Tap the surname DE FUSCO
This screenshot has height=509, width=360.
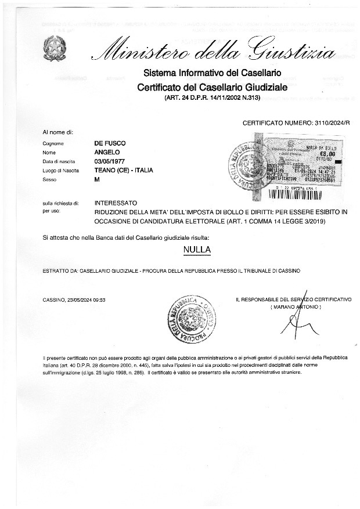(x=110, y=143)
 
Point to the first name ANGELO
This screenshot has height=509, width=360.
(x=107, y=152)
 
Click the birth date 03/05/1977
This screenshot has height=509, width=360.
(x=110, y=161)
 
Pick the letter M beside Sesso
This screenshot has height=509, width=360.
(x=97, y=180)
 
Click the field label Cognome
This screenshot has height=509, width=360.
(x=53, y=143)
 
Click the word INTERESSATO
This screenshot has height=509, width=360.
(x=116, y=204)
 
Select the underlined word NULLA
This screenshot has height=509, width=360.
(x=196, y=250)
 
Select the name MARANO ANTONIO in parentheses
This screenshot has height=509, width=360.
(x=295, y=306)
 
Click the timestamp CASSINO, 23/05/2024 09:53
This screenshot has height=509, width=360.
(x=73, y=299)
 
